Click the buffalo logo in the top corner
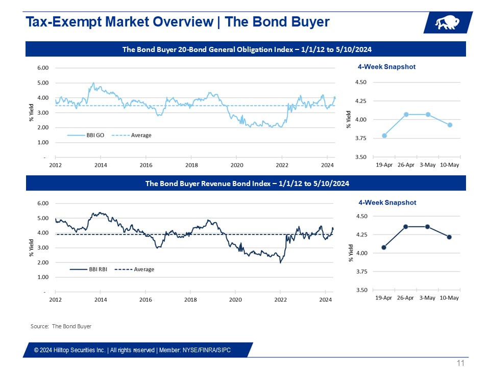(447, 23)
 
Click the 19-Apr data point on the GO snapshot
(384, 136)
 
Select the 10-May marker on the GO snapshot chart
(450, 125)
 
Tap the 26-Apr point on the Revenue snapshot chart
(406, 227)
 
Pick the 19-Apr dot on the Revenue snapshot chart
(384, 248)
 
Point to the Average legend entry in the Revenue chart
(143, 269)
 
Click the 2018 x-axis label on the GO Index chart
(191, 165)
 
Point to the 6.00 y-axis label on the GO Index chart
(42, 68)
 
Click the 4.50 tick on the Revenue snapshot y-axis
(361, 216)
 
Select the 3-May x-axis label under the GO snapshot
(428, 165)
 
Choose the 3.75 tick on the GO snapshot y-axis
(361, 138)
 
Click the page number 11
(460, 363)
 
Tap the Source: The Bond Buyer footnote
(61, 326)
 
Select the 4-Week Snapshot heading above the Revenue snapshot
(387, 202)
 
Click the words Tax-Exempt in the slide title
(61, 22)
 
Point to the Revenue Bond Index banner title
(247, 183)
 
